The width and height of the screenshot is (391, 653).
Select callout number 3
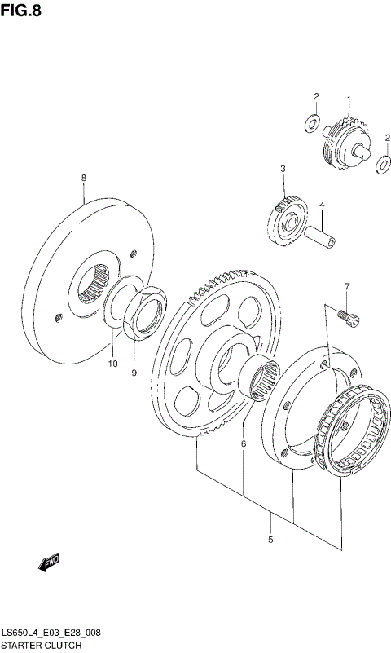tap(283, 169)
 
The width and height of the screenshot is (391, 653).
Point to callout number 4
tap(321, 205)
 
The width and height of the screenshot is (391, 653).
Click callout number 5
tap(271, 540)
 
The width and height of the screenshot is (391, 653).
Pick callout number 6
tap(243, 444)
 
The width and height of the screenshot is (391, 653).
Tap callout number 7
tap(345, 286)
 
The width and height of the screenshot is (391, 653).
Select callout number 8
tap(83, 177)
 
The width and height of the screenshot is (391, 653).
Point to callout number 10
tap(113, 363)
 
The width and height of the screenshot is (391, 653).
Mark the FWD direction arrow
tap(48, 562)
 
